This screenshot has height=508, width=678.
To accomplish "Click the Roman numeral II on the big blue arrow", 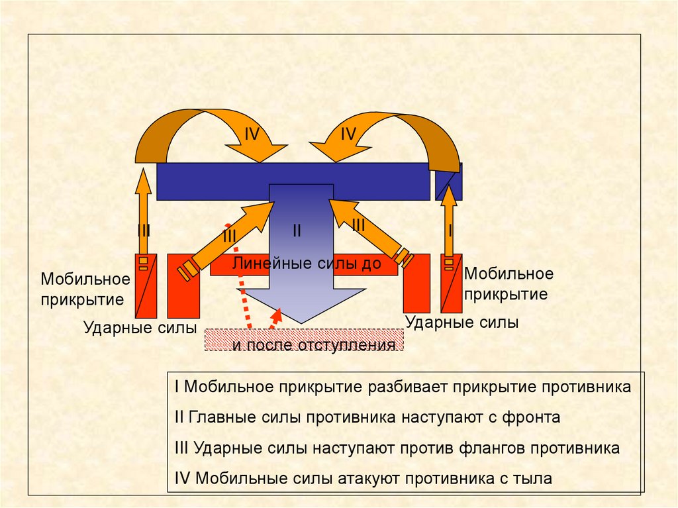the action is click(297, 231).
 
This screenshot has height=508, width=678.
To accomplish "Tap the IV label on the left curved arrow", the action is click(252, 134).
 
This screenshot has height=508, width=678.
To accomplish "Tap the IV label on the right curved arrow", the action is click(349, 134).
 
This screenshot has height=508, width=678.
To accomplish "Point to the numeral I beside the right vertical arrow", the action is click(451, 230).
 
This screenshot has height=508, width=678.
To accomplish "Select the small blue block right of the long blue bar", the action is click(449, 181).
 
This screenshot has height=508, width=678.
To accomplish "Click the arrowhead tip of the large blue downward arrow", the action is click(302, 321).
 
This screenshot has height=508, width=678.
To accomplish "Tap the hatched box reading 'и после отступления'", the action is click(305, 340).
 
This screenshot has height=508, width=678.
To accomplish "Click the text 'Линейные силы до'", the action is click(307, 264).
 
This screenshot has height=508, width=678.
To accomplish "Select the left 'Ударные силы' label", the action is click(140, 327).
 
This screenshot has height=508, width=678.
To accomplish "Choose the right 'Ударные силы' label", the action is click(461, 323).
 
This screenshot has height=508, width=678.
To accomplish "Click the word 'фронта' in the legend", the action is click(530, 417).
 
